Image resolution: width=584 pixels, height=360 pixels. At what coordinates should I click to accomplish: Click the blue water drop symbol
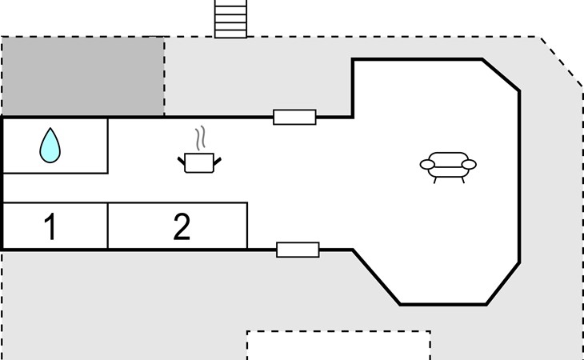[x=50, y=146]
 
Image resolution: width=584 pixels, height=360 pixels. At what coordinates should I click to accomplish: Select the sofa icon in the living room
[x=448, y=167]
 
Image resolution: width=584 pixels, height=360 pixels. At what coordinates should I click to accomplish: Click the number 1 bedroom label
[x=50, y=226]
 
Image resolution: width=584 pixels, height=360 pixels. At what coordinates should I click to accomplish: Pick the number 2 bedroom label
[x=182, y=226]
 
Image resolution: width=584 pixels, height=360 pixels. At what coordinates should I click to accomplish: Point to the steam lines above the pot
[x=200, y=138]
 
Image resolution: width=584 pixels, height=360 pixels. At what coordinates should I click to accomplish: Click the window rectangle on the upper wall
[x=294, y=117]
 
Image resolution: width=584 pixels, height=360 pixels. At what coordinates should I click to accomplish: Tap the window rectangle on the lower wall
[x=298, y=250]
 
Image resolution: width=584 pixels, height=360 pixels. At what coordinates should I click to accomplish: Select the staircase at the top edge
[x=230, y=18]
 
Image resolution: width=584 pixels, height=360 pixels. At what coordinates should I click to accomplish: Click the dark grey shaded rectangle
[x=82, y=76]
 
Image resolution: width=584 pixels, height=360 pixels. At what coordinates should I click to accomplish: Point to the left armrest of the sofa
[x=427, y=165]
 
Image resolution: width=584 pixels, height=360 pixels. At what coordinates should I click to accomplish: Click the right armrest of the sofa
[x=469, y=165]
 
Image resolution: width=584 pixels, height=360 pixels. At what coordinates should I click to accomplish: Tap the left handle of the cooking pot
[x=182, y=161]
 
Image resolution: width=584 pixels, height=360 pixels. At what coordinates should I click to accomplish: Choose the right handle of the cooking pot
[x=218, y=161]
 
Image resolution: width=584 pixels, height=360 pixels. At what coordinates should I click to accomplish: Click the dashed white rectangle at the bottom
[x=338, y=331]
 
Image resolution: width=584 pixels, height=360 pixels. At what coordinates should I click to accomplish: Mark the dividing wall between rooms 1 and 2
[x=108, y=226]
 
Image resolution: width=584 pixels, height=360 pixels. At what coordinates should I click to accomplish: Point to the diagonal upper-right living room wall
[x=501, y=74]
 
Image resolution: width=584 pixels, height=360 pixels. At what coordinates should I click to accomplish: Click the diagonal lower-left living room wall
[x=376, y=278]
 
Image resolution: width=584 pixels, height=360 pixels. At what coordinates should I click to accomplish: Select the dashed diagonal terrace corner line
[x=562, y=62]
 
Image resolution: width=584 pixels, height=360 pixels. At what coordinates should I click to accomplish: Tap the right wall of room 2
[x=247, y=226]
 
